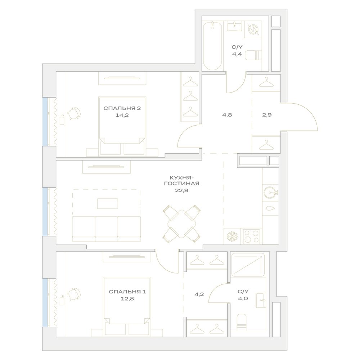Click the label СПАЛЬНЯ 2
[x=122, y=108]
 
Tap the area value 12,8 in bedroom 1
[x=128, y=299]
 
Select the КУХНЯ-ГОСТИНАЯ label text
[x=181, y=180]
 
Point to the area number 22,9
[x=181, y=190]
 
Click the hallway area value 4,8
[x=227, y=115]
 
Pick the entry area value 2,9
[x=267, y=115]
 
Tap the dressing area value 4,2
[x=199, y=294]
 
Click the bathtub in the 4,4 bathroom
[x=213, y=46]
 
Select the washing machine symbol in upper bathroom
[x=253, y=30]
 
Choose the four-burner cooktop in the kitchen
[x=251, y=237]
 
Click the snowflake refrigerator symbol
[x=232, y=237]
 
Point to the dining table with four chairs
[x=181, y=224]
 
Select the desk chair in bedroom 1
[x=74, y=294]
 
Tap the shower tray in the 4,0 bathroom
[x=248, y=265]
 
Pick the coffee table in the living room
[x=108, y=204]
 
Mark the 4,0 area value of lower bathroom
[x=243, y=299]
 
